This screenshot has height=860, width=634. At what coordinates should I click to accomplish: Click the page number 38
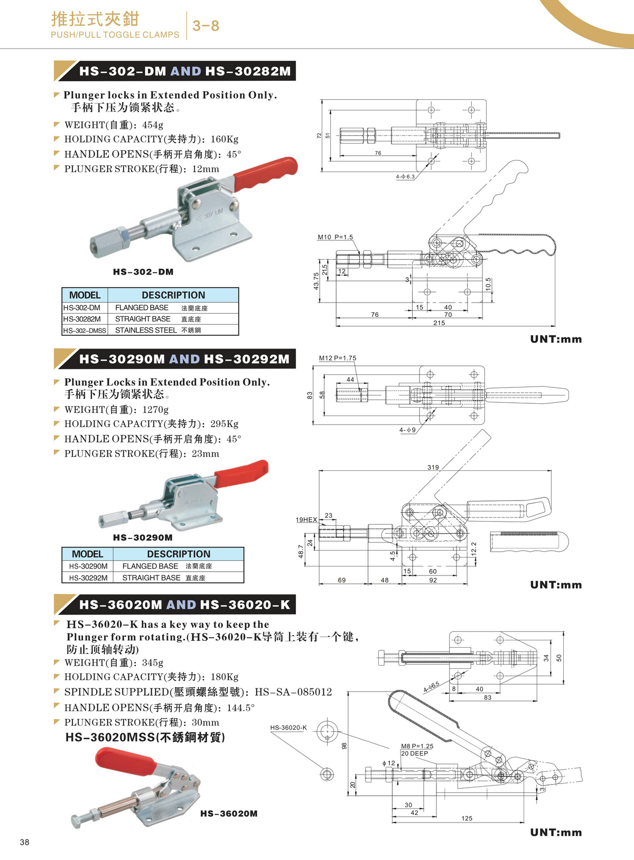point(25,842)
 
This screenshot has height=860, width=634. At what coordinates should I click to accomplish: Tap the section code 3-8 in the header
point(206,26)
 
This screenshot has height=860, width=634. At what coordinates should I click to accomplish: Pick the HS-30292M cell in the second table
point(88,578)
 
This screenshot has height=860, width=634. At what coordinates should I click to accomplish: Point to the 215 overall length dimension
point(439,323)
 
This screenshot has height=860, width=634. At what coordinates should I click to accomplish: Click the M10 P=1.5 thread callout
point(335,237)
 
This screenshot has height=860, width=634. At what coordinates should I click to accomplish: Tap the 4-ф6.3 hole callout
point(405,177)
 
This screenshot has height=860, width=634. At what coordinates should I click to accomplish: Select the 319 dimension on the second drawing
point(433,467)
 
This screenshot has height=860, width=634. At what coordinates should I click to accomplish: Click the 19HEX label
point(306,520)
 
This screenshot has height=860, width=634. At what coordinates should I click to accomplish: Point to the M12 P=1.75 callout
point(338,358)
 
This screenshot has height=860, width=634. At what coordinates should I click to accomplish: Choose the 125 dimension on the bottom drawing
point(467,818)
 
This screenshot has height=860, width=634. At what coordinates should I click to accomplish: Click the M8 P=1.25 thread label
point(417,746)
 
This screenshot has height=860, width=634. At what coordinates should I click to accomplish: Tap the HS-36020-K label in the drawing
point(288,727)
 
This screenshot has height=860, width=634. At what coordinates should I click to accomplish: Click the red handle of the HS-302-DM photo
point(265,174)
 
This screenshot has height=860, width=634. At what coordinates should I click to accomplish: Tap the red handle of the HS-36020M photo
point(126,759)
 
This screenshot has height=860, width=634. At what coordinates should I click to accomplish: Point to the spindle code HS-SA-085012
point(293,692)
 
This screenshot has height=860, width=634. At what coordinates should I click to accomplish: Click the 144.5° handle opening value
point(240,707)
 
